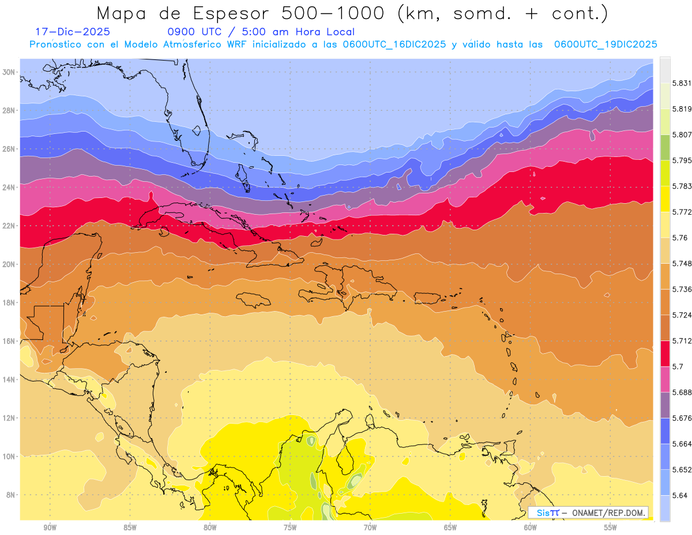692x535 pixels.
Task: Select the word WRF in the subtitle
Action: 242,44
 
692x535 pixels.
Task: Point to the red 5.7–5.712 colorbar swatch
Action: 665,353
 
